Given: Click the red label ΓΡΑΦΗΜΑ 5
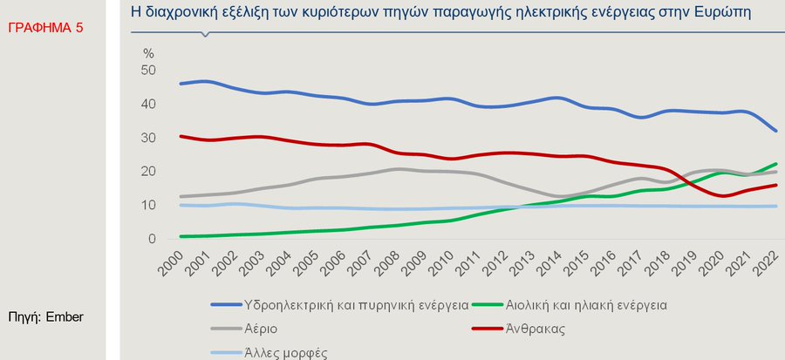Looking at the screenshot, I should pyautogui.click(x=45, y=28).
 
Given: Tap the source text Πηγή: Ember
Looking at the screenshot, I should pyautogui.click(x=45, y=317).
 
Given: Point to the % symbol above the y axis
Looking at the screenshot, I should pyautogui.click(x=148, y=52).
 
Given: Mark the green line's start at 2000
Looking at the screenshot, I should pyautogui.click(x=180, y=236).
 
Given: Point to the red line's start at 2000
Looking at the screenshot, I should pyautogui.click(x=180, y=136).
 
